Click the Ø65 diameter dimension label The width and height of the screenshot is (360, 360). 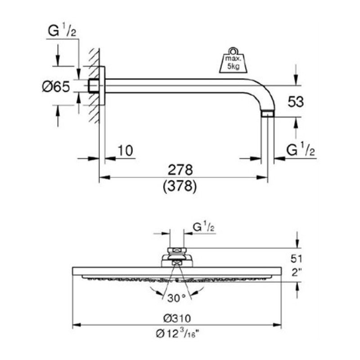point(56,87)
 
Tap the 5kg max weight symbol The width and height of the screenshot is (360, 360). point(233,60)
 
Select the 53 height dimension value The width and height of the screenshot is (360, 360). point(296,102)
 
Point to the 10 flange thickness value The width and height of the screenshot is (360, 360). point(126,151)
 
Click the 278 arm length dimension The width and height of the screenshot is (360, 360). point(180,170)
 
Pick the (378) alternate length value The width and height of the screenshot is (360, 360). point(180,186)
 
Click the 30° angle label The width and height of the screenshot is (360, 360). point(176,298)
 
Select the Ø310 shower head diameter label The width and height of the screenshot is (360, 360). point(177,319)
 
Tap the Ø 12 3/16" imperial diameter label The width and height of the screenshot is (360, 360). point(177,333)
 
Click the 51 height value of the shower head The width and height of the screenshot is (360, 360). point(297,259)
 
